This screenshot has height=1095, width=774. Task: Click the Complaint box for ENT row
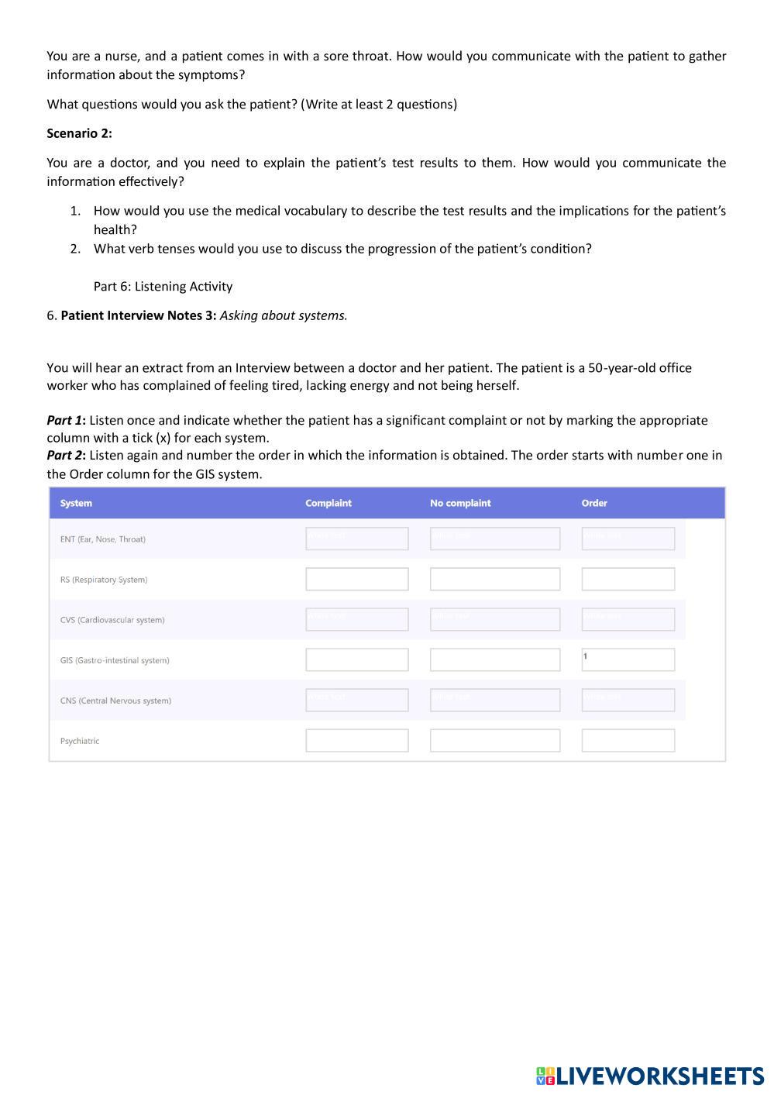(x=356, y=539)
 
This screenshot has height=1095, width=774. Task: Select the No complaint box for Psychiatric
(x=494, y=740)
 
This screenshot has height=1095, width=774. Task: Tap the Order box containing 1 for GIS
(x=628, y=659)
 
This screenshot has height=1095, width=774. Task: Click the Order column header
(x=593, y=503)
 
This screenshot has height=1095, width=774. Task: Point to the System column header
(x=76, y=503)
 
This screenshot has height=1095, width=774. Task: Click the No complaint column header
(x=460, y=503)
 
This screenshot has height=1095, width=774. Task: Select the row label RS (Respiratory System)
(x=104, y=580)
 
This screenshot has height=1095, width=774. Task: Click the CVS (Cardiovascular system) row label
(x=112, y=620)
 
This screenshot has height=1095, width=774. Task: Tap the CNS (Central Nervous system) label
(x=115, y=701)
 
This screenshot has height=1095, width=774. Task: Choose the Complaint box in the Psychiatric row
(x=356, y=740)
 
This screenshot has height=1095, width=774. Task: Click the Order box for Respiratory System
(x=628, y=579)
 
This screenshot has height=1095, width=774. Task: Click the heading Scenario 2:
(x=79, y=133)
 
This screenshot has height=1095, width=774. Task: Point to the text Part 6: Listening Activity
(x=163, y=286)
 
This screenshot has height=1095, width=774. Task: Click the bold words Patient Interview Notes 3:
(x=138, y=315)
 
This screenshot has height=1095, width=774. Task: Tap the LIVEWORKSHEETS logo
(x=649, y=1076)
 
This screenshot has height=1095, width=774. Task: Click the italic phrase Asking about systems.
(x=284, y=315)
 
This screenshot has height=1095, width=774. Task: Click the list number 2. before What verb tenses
(x=75, y=249)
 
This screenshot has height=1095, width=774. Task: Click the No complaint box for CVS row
(x=494, y=619)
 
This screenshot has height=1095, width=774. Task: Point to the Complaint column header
(x=328, y=503)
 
